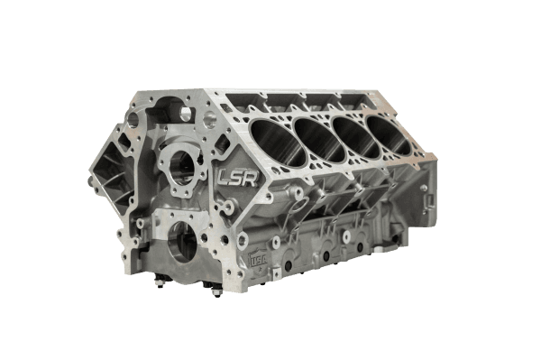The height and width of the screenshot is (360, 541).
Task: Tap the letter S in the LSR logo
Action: (x=239, y=178)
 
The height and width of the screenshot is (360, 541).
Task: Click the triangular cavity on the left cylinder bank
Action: (x=108, y=180)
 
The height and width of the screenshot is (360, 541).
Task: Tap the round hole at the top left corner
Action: (x=135, y=117)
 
